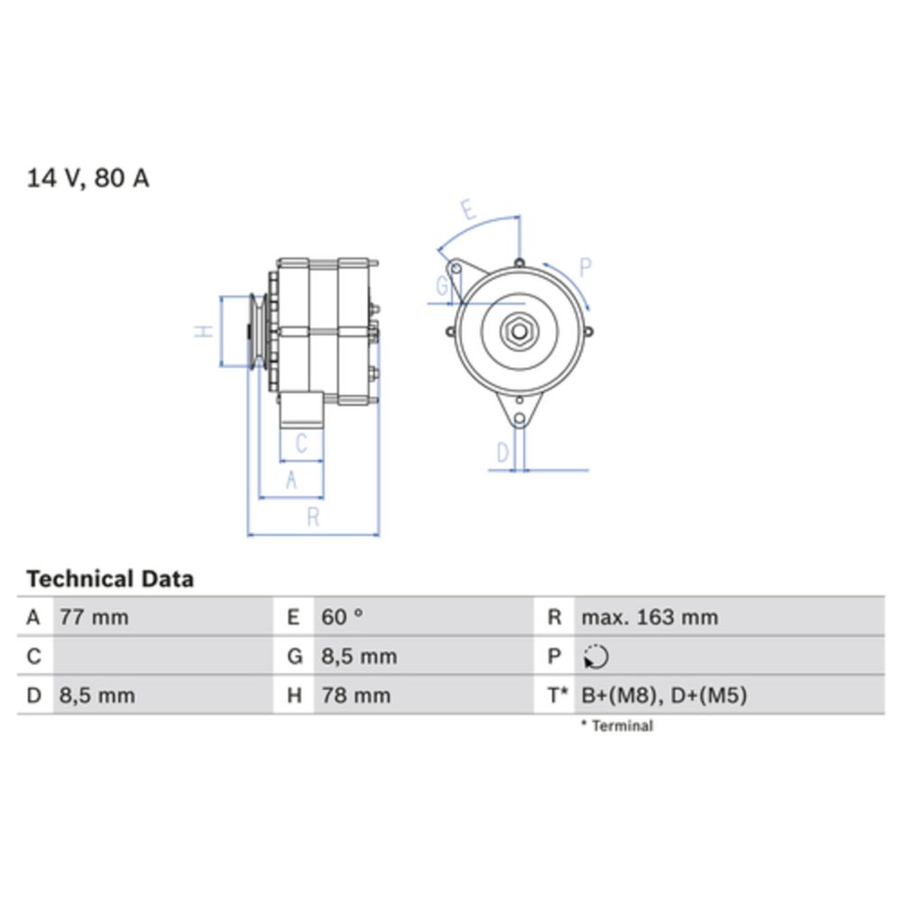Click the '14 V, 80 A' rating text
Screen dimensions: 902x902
coord(87,179)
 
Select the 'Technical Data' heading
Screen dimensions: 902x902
coord(110,578)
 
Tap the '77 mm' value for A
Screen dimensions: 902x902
coord(94,618)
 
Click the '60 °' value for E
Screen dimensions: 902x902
coord(342,618)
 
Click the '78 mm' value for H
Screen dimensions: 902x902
coord(356,695)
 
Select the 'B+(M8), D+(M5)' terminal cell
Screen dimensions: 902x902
coord(664,695)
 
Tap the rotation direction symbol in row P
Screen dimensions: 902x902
coord(595,658)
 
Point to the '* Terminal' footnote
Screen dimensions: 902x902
coord(617,725)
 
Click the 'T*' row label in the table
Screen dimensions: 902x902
coord(557,695)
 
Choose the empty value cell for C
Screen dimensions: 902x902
coord(162,657)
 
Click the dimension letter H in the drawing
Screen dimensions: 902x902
coord(205,331)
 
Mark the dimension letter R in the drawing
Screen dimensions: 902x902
coord(313,517)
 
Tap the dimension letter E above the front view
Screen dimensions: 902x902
coord(467,211)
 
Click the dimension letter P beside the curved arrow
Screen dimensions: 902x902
coord(584,267)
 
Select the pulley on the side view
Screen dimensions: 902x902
coord(257,331)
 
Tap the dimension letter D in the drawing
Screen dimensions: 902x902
coord(503,453)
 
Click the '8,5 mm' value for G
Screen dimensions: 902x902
coord(359,657)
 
